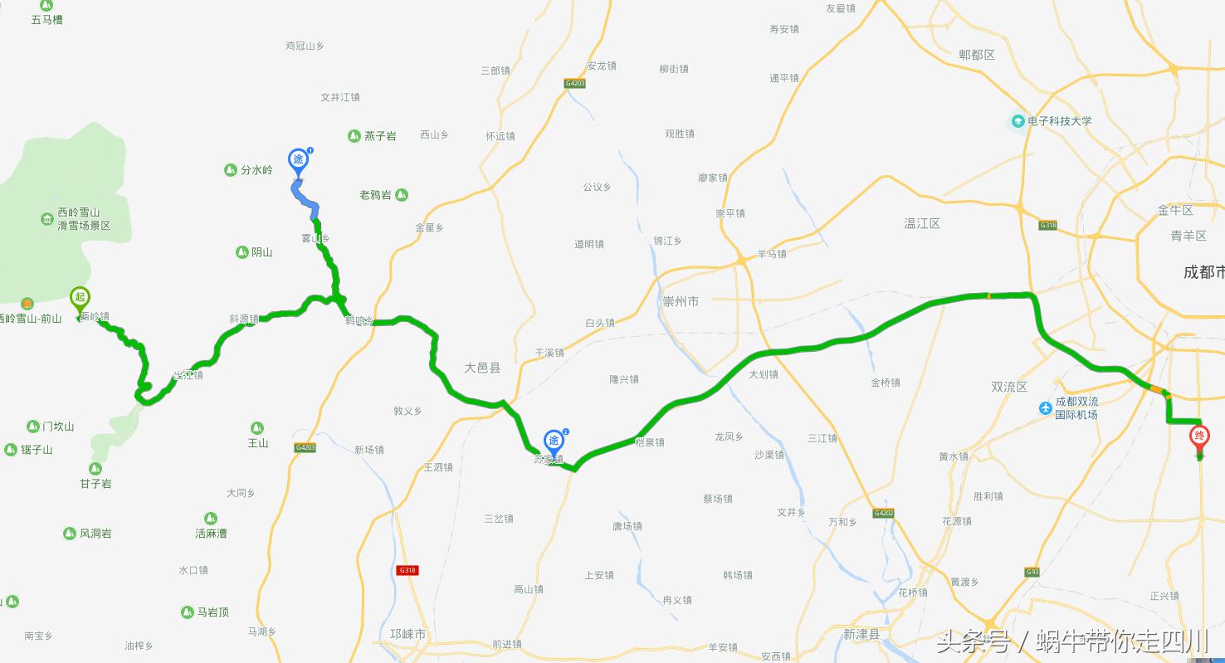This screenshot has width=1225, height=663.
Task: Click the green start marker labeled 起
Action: tap(80, 298)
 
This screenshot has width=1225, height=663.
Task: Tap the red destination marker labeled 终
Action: tap(1198, 438)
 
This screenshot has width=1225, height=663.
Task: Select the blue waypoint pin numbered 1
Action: tap(298, 160)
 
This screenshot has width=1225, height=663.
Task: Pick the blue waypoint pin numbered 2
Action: tap(554, 441)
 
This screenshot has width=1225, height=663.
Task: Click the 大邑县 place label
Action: tap(482, 368)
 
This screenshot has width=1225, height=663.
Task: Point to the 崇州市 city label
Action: tap(681, 301)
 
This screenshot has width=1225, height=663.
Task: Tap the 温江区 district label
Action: tap(922, 223)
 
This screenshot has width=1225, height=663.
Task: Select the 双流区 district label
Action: tap(1009, 387)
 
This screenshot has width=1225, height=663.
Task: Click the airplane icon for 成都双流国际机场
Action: tap(1046, 408)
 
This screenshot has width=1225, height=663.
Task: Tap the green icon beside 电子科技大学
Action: tap(1018, 121)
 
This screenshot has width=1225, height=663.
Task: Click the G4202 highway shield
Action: tap(883, 513)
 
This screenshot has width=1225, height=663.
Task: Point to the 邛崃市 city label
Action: tap(408, 634)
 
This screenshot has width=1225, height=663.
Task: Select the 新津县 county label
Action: tap(861, 634)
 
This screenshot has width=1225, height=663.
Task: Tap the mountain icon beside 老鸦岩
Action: tap(402, 195)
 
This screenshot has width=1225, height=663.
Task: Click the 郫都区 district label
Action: tap(976, 55)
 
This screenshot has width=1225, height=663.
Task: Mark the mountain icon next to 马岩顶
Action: tap(187, 612)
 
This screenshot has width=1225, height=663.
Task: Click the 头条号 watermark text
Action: tap(973, 641)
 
